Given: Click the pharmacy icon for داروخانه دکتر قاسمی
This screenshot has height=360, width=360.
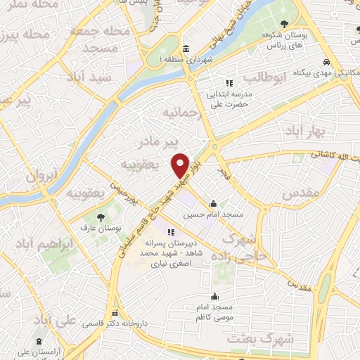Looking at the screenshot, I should pos(114,314).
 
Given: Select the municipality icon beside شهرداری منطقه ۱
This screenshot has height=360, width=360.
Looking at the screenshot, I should pos(185,49).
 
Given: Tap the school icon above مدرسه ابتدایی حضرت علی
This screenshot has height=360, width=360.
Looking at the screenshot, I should pos(229,83).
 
